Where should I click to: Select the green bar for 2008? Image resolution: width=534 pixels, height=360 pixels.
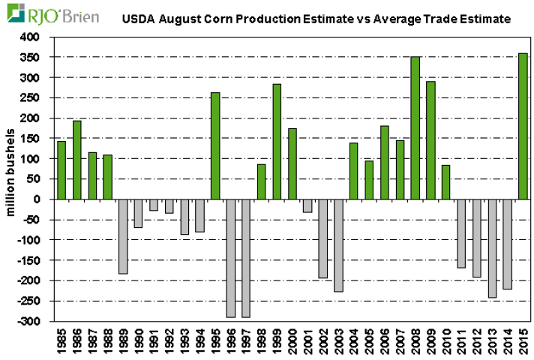[415, 128]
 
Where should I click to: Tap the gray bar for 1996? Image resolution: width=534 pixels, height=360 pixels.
[231, 258]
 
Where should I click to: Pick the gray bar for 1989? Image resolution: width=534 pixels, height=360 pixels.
[123, 236]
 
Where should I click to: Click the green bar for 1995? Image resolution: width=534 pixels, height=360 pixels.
[215, 146]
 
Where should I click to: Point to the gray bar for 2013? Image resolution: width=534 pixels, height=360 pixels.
[492, 248]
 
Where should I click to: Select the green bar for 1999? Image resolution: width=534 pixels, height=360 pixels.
[277, 142]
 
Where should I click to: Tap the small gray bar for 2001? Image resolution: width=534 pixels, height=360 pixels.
[307, 205]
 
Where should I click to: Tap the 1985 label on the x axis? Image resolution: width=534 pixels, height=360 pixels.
[61, 340]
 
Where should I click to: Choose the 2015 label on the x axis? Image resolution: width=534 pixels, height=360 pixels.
[523, 340]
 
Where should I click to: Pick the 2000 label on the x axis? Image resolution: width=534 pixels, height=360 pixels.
[292, 340]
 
